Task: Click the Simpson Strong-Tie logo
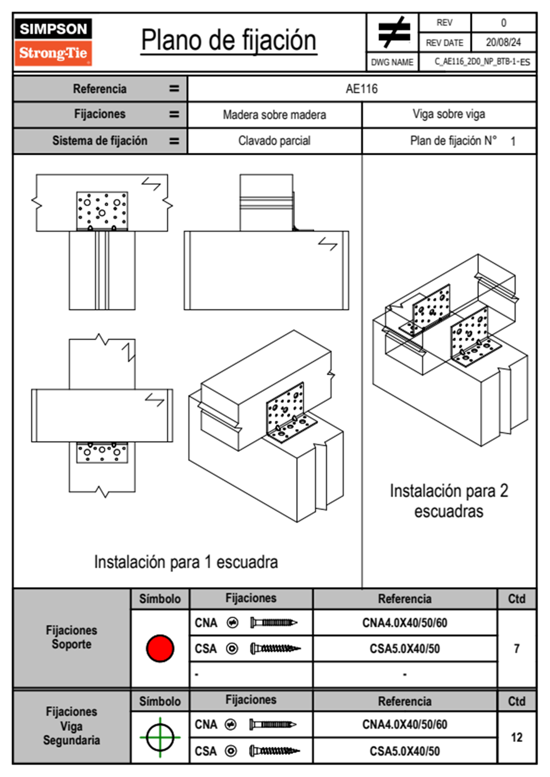coord(53,42)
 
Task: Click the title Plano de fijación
coord(229,41)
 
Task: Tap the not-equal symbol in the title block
coord(394,32)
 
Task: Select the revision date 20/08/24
coord(503,42)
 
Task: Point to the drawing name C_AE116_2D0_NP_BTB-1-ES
coord(482,62)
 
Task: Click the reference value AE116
coord(361,89)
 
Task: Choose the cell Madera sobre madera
coord(274,115)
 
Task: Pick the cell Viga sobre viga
coord(449,114)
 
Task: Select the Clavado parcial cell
coord(274,140)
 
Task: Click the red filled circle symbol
coord(160,648)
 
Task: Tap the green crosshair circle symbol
coord(160,737)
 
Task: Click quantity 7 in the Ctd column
coord(516,649)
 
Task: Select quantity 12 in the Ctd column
coord(516,737)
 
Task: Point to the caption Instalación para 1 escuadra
coord(186,562)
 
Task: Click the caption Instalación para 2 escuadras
coord(448,501)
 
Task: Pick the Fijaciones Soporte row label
coord(72,637)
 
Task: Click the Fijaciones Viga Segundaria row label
coord(72,726)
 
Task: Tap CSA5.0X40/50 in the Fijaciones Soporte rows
coord(404,649)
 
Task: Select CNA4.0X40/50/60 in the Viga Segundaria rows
coord(404,724)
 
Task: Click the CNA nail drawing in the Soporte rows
coord(273,623)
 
